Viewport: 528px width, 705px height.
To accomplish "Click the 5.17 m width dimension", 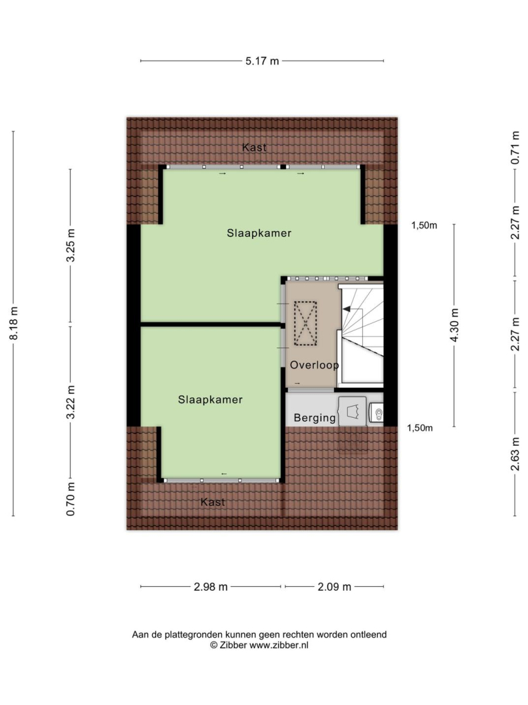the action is (262, 61).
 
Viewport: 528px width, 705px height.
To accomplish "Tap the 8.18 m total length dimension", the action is (14, 323).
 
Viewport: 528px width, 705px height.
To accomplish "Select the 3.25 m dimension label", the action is (70, 245).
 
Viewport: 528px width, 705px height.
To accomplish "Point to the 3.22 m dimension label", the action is (70, 402).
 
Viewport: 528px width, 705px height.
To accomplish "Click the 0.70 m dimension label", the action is (70, 499).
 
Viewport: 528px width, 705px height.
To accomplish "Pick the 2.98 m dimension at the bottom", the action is (211, 587).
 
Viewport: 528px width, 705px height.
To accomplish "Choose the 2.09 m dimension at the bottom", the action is (334, 587).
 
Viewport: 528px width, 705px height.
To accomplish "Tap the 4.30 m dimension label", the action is (454, 325).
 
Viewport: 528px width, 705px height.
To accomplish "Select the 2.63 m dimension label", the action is (516, 454).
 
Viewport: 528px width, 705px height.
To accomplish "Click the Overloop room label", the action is (314, 365).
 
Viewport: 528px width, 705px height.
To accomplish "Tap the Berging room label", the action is (315, 418).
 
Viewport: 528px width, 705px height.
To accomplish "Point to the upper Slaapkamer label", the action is (259, 233).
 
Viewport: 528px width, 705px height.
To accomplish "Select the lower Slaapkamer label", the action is (210, 399).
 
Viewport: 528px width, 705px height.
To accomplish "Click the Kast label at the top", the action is (255, 147).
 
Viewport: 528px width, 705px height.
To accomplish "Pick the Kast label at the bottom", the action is (213, 502).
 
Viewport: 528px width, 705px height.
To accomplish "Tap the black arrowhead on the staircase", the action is (346, 308).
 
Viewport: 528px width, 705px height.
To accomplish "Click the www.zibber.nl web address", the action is (279, 645).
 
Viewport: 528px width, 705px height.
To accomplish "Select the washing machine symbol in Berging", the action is (352, 411).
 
